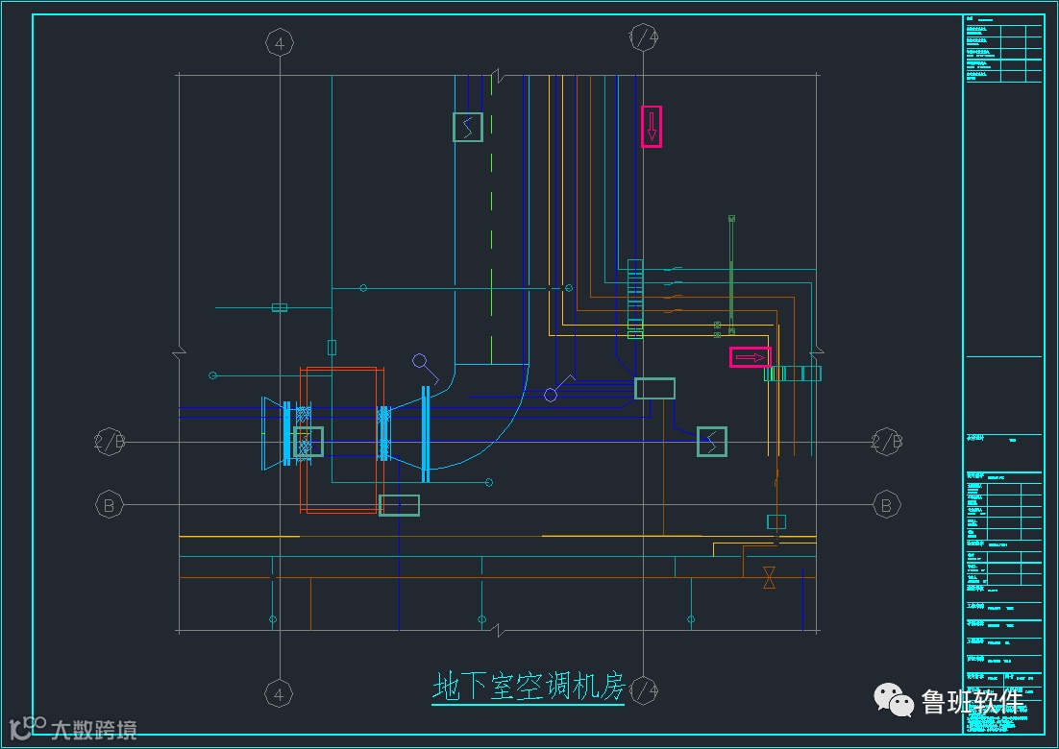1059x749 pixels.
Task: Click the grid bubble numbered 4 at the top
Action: click(279, 43)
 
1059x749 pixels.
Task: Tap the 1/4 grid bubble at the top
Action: click(643, 37)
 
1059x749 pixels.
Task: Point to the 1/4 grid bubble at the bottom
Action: click(643, 690)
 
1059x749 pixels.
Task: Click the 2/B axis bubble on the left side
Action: click(110, 443)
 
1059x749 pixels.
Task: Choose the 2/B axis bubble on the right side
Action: click(886, 443)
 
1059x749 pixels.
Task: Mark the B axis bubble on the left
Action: click(110, 504)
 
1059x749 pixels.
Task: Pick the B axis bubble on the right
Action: click(886, 504)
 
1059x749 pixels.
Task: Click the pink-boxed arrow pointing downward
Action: click(652, 126)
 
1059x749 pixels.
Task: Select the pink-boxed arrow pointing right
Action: click(750, 357)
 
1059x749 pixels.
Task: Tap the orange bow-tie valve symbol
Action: click(769, 577)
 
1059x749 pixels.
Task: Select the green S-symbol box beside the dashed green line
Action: click(468, 127)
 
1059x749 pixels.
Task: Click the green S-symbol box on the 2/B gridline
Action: click(712, 442)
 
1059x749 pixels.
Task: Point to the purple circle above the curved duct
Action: click(420, 362)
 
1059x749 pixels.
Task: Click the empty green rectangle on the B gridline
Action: click(399, 505)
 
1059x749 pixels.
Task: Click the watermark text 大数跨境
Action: click(93, 730)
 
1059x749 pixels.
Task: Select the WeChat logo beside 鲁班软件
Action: click(894, 701)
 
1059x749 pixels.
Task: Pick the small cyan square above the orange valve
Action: click(776, 521)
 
